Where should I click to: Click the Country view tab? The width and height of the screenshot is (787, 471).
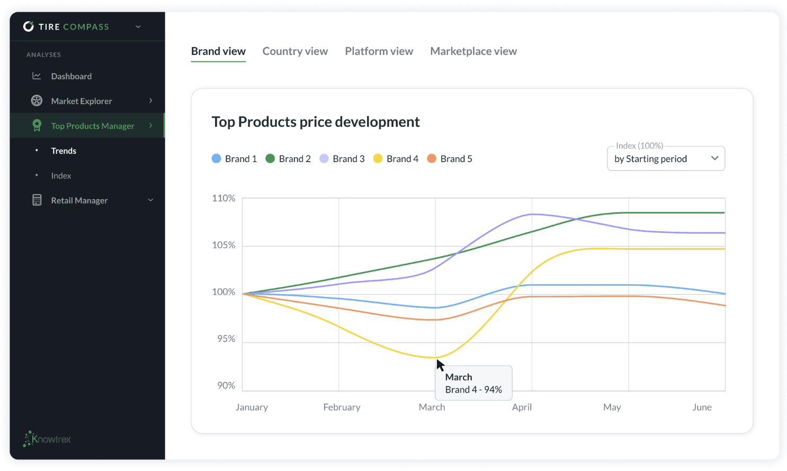(295, 51)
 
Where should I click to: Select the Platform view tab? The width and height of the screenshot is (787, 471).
(379, 51)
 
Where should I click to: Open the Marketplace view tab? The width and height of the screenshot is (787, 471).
(473, 51)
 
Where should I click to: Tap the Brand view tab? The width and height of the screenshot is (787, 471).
(218, 51)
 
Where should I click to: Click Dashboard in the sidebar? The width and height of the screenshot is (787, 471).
(71, 76)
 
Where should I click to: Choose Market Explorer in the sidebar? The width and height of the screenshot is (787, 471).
(82, 101)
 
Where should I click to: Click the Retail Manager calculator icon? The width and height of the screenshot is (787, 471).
(37, 200)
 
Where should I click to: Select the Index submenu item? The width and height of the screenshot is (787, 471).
(61, 176)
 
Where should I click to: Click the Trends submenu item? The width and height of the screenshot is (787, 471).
(64, 151)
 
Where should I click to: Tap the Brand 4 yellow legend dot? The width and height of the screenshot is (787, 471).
(378, 159)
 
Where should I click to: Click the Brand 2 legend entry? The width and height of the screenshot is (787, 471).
(288, 159)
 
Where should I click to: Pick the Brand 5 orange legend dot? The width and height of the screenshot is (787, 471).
(432, 159)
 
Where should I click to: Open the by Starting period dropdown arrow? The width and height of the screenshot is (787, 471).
(714, 158)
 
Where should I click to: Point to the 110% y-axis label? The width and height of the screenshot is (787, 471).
(223, 198)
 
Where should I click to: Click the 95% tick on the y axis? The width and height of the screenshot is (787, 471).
(226, 339)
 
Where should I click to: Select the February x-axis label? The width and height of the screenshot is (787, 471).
(342, 407)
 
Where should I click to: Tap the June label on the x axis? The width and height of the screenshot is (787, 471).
(702, 407)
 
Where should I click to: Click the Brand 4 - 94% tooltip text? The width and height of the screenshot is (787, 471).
(473, 390)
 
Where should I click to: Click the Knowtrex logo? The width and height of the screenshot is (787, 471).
(47, 439)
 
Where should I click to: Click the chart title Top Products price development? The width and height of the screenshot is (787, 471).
(316, 122)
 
